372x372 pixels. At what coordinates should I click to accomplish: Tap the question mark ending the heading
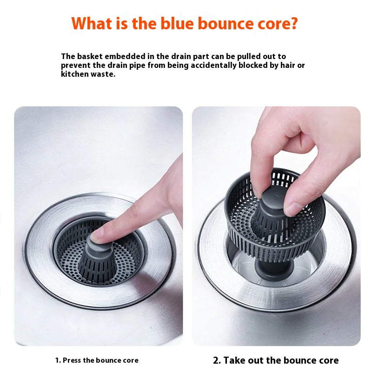(293, 23)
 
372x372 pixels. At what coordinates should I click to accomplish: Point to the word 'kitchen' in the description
(74, 74)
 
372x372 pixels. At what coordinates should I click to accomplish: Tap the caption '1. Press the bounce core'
(97, 360)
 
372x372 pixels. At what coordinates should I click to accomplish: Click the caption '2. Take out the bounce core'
(276, 360)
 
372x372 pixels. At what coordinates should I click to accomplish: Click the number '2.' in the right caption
(217, 360)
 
